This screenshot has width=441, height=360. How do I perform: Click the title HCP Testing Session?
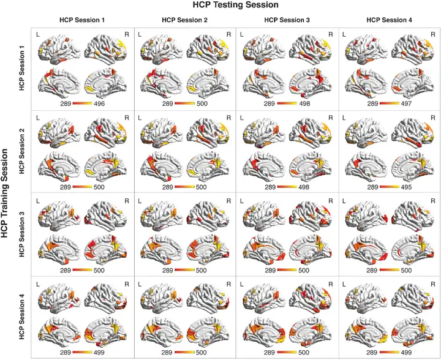[x=236, y=5]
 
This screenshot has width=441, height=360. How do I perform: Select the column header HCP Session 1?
[x=82, y=20]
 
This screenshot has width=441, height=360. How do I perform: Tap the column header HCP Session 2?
[x=184, y=20]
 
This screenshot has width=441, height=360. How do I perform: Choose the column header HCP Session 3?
[x=287, y=20]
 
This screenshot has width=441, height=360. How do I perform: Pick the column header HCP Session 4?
[x=389, y=20]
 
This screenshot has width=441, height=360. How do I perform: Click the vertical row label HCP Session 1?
[x=22, y=69]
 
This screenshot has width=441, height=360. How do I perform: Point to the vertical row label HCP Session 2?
[x=22, y=151]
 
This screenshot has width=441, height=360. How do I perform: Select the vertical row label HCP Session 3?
[x=22, y=233]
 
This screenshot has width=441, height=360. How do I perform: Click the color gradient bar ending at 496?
[x=82, y=104]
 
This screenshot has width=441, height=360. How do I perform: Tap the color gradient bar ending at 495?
[x=389, y=186]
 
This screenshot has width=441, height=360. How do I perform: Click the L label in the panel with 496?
[x=37, y=34]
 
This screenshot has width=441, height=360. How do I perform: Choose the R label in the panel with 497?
[x=433, y=34]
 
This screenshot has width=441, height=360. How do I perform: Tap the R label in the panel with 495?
[x=433, y=116]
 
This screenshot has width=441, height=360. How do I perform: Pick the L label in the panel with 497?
[x=344, y=34]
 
